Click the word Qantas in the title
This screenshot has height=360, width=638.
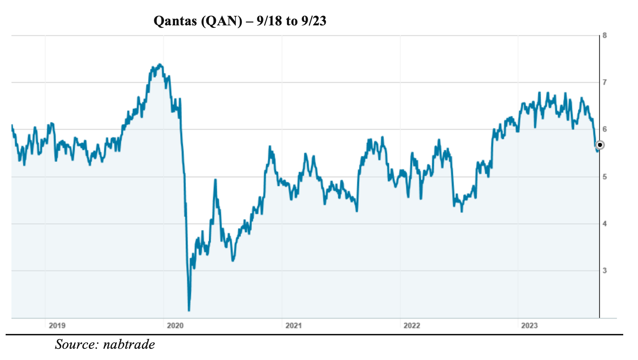coord(175,21)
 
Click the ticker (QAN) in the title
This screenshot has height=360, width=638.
coord(221,21)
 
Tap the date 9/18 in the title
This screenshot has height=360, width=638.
coord(269,21)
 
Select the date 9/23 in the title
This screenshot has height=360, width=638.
coord(314,21)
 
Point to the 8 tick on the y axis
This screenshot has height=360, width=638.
coord(605,35)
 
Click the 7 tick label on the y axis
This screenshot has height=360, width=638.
coord(605,82)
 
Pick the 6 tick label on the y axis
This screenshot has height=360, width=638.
coord(605,129)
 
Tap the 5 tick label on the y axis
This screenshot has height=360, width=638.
coord(605,176)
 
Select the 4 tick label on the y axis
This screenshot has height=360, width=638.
coord(605,224)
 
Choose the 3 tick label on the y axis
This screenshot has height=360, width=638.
coord(605,271)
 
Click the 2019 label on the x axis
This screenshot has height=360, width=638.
coord(57,325)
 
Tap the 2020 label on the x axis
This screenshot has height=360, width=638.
coord(175,325)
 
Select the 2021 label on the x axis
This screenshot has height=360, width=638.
coord(293,325)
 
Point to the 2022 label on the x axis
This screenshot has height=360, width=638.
coord(412,325)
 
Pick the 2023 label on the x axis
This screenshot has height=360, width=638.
coord(529,325)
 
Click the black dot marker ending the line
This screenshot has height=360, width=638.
coord(600,145)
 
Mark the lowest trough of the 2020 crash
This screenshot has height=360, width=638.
coord(189,310)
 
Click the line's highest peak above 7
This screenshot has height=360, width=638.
coord(160,64)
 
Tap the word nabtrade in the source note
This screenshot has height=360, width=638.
coord(129,345)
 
